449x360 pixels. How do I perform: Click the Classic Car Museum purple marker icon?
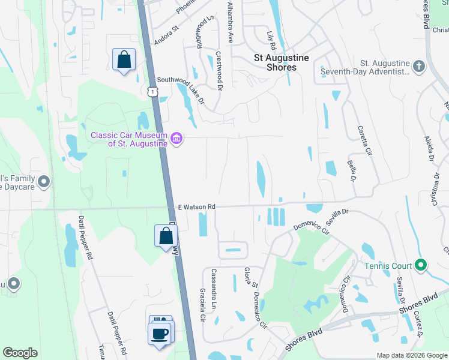176,139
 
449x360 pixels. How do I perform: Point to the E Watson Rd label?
196,207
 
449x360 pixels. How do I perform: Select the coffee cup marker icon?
160,334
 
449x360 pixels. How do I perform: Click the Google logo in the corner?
20,353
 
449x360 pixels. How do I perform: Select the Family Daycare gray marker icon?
43,181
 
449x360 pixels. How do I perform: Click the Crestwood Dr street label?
220,70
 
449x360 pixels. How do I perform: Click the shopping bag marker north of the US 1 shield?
124,60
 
